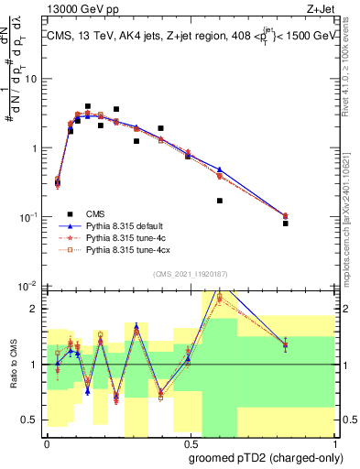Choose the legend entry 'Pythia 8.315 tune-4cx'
tap(125, 248)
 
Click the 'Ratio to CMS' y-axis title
tap(13, 365)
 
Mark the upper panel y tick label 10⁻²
tap(30, 286)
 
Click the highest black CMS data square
tap(88, 106)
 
